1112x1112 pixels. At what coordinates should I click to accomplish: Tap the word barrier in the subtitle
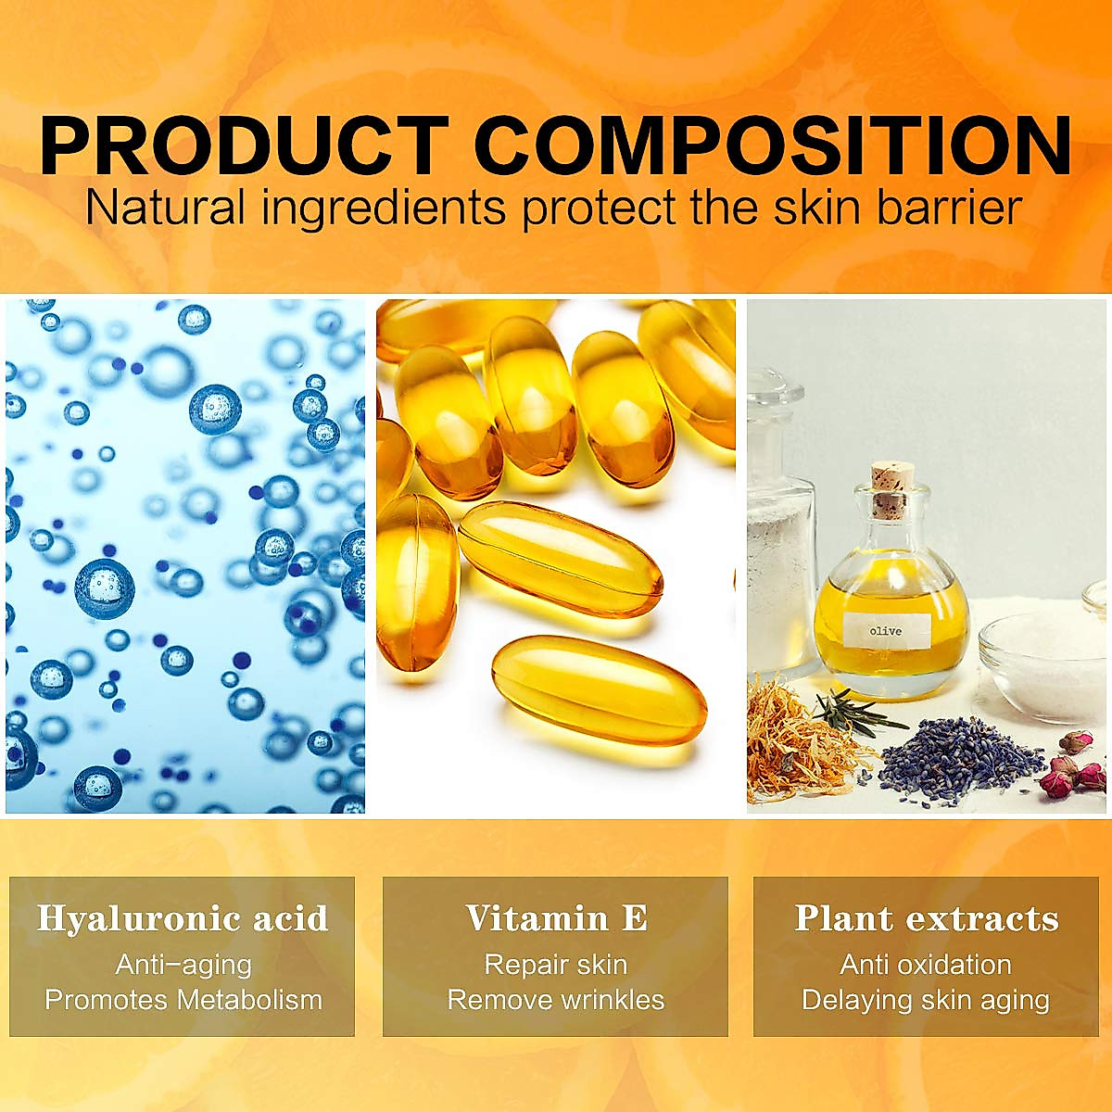pos(949,208)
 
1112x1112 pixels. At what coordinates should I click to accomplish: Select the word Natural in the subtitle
pos(165,208)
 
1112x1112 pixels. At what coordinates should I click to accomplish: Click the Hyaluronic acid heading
pos(183,918)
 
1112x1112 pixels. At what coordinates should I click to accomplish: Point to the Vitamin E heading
pos(556,917)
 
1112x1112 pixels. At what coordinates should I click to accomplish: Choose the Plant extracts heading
pos(926,918)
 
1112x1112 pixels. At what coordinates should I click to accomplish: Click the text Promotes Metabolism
pos(183,1000)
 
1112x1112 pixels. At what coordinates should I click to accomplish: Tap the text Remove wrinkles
pos(556,1000)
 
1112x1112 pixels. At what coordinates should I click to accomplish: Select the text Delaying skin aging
pos(926,1001)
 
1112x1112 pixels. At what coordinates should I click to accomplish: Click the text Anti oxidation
pos(926,965)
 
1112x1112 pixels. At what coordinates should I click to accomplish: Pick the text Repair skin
pos(556,965)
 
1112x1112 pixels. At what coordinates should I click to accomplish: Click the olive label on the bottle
pos(886,631)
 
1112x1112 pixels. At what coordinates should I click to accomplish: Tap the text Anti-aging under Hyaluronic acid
pos(183,965)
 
